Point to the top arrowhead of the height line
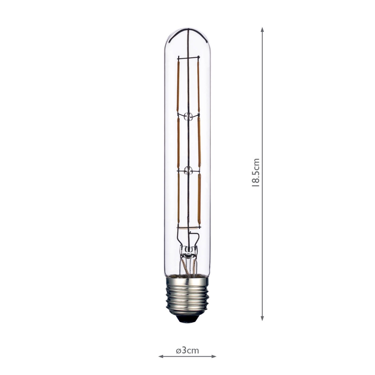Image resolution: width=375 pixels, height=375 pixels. (x=262, y=30)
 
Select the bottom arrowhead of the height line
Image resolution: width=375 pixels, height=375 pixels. (x=262, y=318)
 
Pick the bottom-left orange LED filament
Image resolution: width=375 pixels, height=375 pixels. (x=178, y=198)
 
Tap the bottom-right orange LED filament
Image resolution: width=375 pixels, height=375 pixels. (x=199, y=200)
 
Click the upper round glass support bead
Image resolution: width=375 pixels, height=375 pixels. (x=188, y=117)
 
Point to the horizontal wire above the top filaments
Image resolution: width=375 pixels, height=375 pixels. (x=187, y=58)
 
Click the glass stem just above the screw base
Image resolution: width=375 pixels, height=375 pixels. (x=187, y=259)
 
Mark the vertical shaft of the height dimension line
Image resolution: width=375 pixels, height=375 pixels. (x=262, y=125)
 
